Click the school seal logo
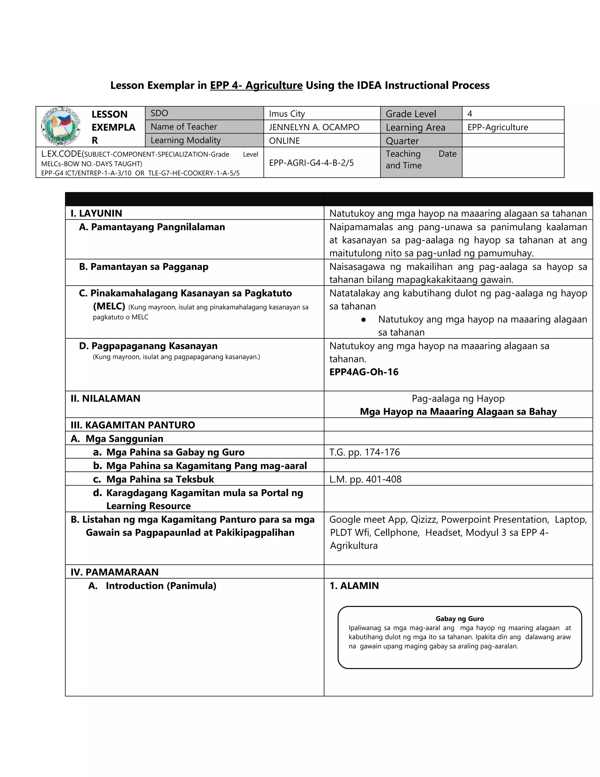pyautogui.click(x=61, y=126)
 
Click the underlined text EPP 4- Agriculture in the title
pyautogui.click(x=256, y=85)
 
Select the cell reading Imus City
pyautogui.click(x=287, y=114)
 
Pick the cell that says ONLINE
pyautogui.click(x=284, y=141)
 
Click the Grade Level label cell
pyautogui.click(x=411, y=114)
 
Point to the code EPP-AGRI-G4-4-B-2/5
pyautogui.click(x=311, y=163)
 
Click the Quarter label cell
pyautogui.click(x=402, y=141)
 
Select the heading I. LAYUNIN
pyautogui.click(x=96, y=213)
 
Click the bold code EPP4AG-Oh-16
pyautogui.click(x=364, y=372)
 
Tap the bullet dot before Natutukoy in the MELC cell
pyautogui.click(x=363, y=320)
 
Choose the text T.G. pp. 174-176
pyautogui.click(x=364, y=452)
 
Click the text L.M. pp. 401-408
pyautogui.click(x=365, y=479)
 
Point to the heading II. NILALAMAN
pyautogui.click(x=105, y=398)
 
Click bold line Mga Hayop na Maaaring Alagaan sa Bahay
pyautogui.click(x=458, y=412)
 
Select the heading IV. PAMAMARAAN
pyautogui.click(x=115, y=572)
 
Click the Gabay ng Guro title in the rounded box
pyautogui.click(x=459, y=619)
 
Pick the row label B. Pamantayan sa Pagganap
pyautogui.click(x=144, y=267)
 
